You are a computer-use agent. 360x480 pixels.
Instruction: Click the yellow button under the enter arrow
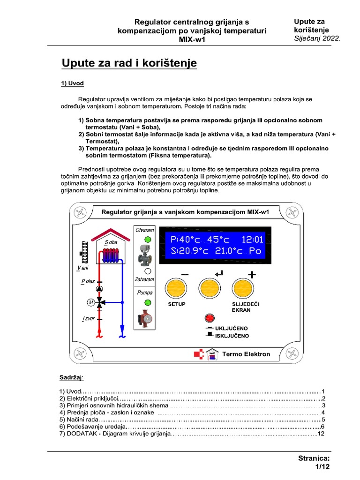210,289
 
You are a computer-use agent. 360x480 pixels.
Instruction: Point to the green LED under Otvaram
148,240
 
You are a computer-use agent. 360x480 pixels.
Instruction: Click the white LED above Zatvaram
148,270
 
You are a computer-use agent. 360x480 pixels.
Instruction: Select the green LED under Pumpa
148,302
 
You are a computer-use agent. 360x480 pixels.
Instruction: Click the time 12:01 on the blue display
252,240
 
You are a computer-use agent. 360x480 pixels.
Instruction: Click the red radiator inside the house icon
111,255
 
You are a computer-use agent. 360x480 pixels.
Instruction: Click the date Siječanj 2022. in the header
316,38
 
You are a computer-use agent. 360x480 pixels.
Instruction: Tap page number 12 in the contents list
321,434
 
